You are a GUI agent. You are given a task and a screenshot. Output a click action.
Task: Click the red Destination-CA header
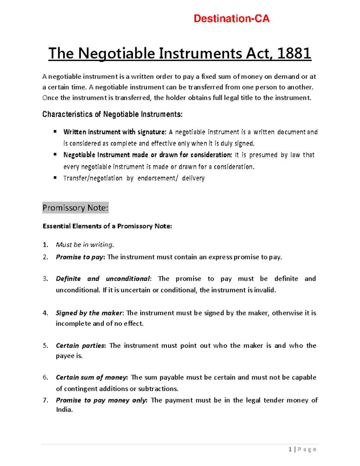(x=231, y=19)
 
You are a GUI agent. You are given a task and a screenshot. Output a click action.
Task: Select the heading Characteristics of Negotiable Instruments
(x=112, y=114)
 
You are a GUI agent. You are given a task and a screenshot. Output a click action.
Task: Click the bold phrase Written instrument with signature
(x=115, y=132)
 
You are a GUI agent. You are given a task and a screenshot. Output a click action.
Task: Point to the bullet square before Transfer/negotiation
(x=55, y=178)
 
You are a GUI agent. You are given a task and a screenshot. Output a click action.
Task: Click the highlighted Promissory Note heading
(x=75, y=208)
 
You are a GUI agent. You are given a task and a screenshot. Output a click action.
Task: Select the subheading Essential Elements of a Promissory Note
(x=107, y=226)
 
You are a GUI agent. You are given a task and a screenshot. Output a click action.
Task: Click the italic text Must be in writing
(x=85, y=245)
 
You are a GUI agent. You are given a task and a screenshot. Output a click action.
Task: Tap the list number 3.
(x=45, y=279)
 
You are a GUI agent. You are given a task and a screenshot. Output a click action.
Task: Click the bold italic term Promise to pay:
(x=80, y=257)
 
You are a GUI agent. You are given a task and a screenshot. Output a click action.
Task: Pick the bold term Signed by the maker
(x=89, y=313)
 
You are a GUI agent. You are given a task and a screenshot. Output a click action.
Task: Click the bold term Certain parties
(x=80, y=346)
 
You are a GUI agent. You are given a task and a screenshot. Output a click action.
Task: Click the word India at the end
(x=64, y=410)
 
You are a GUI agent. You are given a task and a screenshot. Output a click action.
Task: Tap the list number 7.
(x=45, y=400)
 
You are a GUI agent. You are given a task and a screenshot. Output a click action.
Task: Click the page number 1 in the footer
(x=290, y=449)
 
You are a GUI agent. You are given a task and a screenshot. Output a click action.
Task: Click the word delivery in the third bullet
(x=193, y=178)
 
